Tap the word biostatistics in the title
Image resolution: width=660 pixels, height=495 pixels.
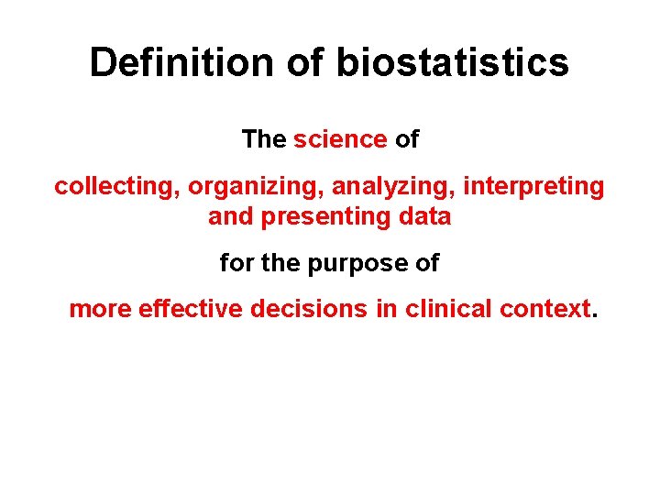453,63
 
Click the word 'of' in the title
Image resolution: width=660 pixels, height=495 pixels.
304,63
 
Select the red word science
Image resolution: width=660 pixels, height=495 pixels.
340,139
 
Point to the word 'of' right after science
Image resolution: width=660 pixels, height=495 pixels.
406,139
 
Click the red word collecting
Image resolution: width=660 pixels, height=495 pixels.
116,187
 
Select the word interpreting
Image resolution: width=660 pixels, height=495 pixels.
533,187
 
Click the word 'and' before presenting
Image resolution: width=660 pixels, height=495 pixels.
229,217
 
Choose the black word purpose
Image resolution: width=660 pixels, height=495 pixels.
352,264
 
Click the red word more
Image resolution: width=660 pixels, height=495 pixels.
100,309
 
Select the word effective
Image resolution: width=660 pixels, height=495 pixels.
191,309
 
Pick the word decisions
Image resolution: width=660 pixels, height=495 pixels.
309,309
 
